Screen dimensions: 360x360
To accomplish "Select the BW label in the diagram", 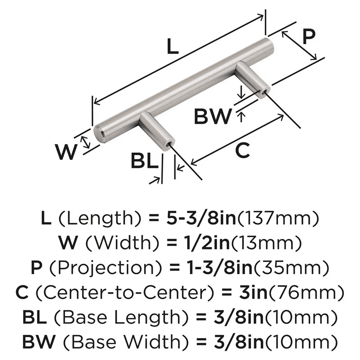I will tap(212, 117).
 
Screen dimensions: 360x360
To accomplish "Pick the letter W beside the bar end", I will tap(67, 152).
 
